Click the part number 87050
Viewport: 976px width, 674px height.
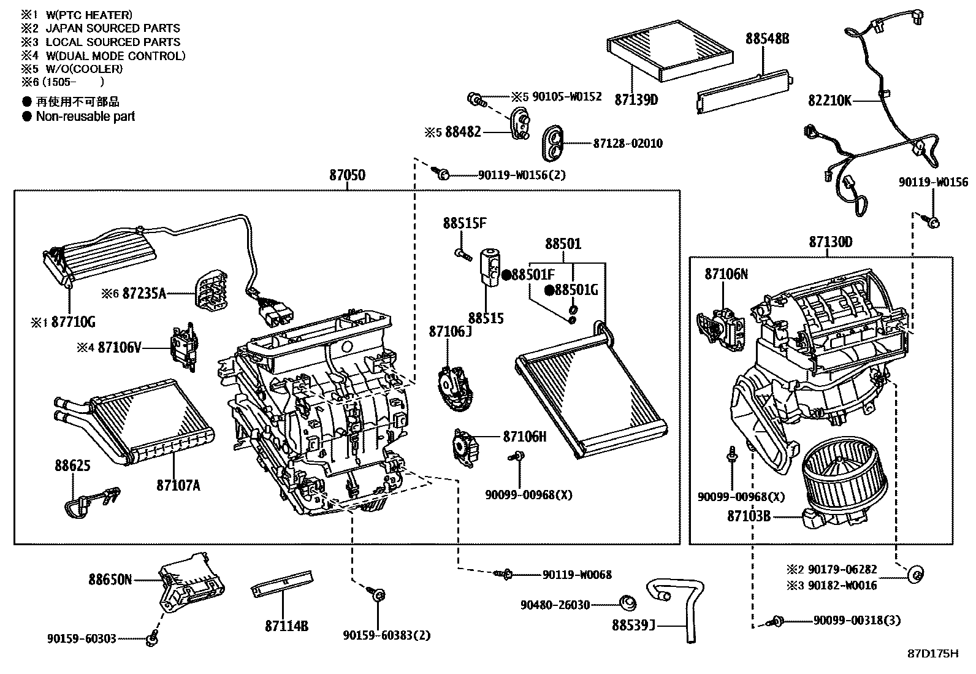click(347, 175)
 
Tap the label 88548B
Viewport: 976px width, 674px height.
click(767, 39)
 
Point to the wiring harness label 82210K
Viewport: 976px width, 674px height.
click(829, 101)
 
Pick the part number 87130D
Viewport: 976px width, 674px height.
click(830, 242)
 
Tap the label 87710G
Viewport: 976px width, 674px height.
click(73, 322)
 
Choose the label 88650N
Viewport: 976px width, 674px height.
click(110, 579)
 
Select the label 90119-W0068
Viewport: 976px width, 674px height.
click(576, 575)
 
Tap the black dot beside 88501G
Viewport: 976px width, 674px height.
click(549, 290)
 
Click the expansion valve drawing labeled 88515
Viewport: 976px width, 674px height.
click(490, 267)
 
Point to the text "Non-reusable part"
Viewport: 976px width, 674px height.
click(85, 116)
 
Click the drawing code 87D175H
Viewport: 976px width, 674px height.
click(932, 654)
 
